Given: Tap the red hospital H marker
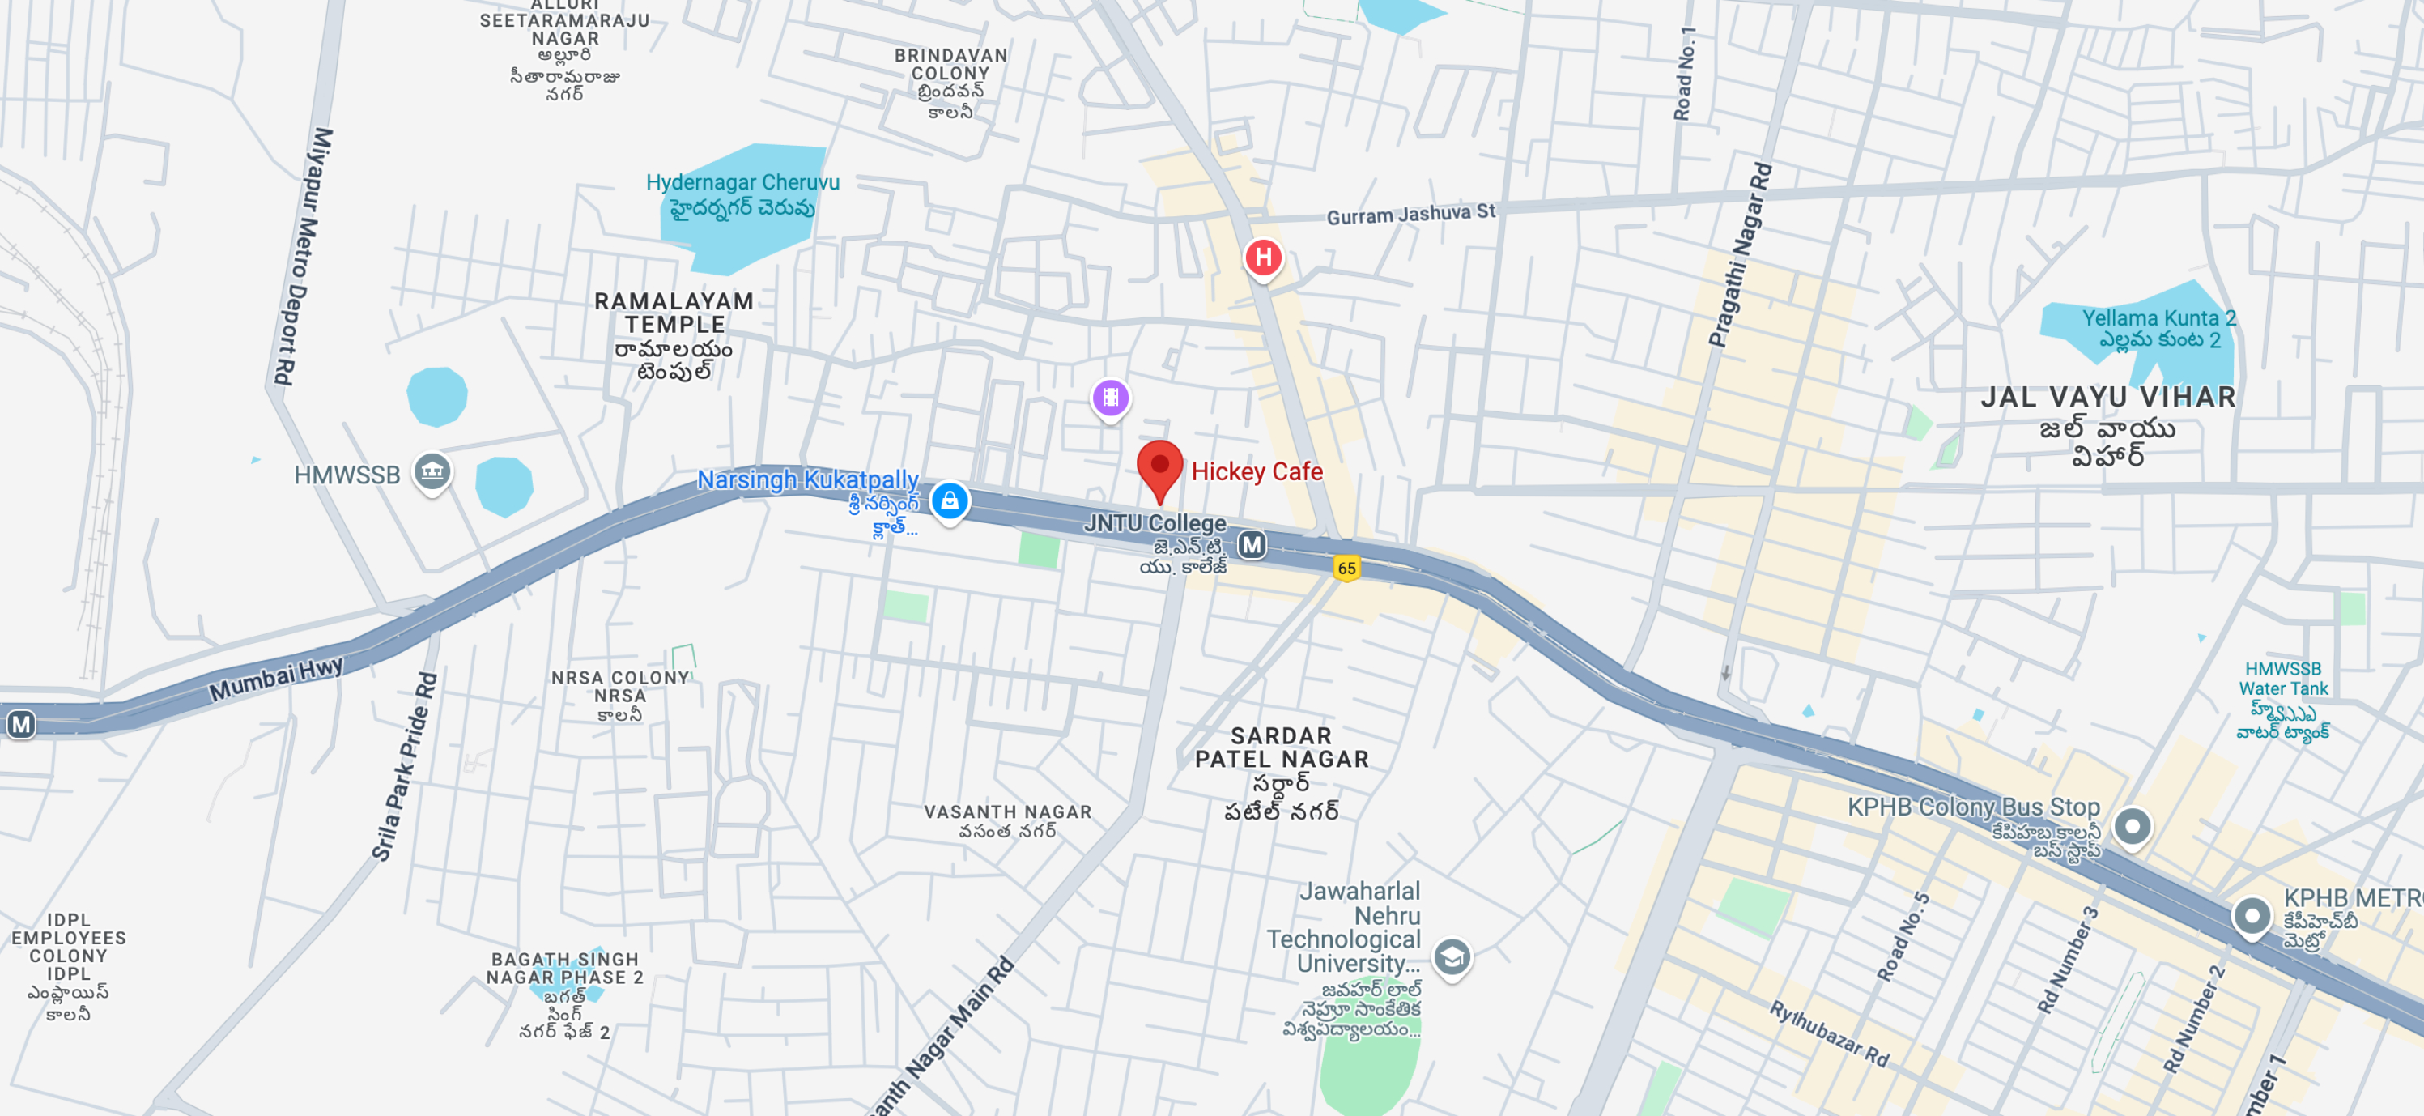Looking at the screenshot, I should click(1263, 257).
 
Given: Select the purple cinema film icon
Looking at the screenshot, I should click(1110, 397).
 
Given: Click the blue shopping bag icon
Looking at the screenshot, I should click(950, 500).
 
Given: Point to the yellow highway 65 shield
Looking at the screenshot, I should click(1346, 568).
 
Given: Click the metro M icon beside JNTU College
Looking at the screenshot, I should click(1252, 545).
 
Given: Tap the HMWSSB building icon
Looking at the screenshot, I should click(432, 471).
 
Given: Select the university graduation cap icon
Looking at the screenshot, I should click(1452, 957).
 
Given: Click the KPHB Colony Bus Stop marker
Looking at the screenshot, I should click(2132, 827).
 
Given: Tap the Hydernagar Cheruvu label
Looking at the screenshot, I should click(742, 182).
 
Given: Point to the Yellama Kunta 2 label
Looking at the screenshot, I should click(2158, 318).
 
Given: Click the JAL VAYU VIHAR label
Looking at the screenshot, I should click(2107, 397).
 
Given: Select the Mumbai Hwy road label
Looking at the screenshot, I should click(276, 679).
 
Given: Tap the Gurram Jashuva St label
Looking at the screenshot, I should click(1410, 214).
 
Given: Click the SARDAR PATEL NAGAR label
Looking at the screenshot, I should click(1282, 748).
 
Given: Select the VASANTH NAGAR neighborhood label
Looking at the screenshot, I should click(1007, 811).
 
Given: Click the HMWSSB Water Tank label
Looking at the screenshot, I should click(2283, 679).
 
